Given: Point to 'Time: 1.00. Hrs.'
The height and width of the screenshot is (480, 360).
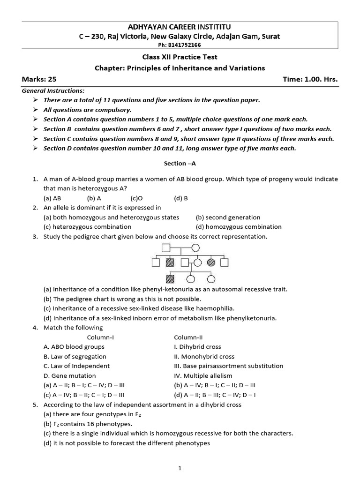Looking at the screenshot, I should click(310, 80).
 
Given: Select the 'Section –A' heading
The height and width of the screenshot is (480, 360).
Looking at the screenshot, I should click(180, 163).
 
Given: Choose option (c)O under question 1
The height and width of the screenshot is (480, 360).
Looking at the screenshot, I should click(136, 198).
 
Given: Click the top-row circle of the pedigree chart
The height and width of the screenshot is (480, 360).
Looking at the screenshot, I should click(195, 248).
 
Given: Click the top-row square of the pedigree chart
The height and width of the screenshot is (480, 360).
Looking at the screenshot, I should click(165, 248).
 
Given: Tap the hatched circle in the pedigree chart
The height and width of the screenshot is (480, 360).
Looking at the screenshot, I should click(211, 263).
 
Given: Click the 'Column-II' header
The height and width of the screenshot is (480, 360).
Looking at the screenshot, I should click(188, 337).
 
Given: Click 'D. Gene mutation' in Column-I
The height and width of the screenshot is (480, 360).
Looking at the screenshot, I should click(69, 375).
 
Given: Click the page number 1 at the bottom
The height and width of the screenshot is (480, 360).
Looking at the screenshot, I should click(180, 468).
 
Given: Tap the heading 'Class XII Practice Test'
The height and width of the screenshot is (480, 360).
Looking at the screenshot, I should click(180, 57).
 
